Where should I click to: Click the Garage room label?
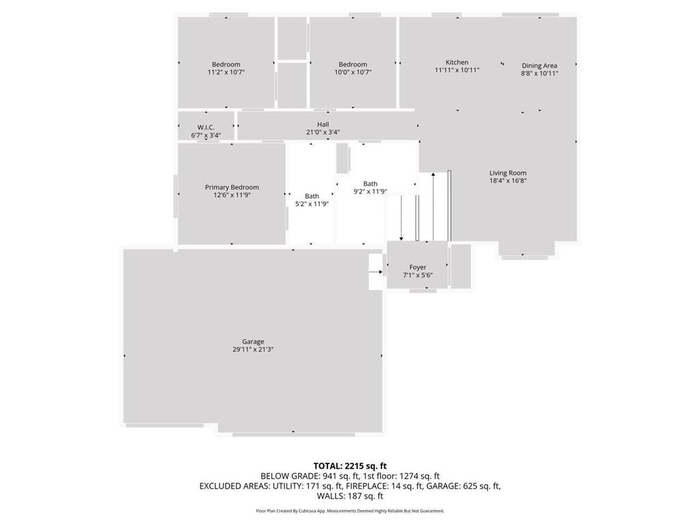[x=253, y=342]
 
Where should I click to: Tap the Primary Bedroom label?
[x=232, y=187]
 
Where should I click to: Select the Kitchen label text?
[x=457, y=62]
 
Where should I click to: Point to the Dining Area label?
[x=539, y=66]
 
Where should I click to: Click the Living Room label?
[x=508, y=173]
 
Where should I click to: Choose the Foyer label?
[x=418, y=267]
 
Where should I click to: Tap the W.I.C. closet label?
[x=206, y=127]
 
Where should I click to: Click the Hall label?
[x=323, y=124]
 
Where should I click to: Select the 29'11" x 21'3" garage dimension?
[x=253, y=349]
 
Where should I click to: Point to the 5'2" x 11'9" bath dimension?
[x=312, y=204]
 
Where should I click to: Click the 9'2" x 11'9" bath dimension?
[x=370, y=191]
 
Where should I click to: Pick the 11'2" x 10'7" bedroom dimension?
[x=226, y=72]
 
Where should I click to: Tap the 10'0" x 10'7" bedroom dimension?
[x=353, y=72]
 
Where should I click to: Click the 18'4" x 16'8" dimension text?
[x=508, y=180]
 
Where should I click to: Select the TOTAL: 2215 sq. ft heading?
[x=350, y=466]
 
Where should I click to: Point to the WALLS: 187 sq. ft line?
[x=350, y=496]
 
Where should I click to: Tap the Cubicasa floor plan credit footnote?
[x=350, y=511]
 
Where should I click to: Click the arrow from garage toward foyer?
[x=375, y=272]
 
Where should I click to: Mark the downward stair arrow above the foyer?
[x=401, y=218]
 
